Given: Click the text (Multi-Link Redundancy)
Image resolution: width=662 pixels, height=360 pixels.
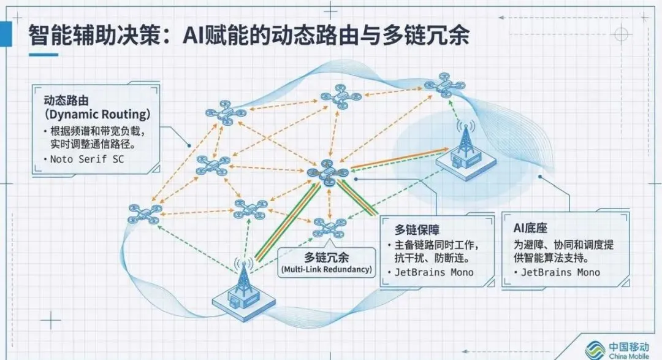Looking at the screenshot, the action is pyautogui.click(x=327, y=269).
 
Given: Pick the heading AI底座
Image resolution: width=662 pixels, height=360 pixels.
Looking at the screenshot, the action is pyautogui.click(x=530, y=228).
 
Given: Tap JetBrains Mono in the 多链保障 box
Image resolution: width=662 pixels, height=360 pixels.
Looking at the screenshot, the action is pyautogui.click(x=435, y=272).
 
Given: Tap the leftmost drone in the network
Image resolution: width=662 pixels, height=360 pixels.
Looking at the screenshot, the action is pyautogui.click(x=145, y=213).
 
